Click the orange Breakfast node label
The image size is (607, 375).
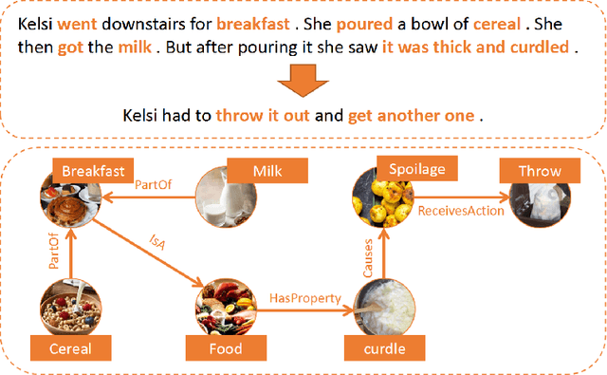point(93,171)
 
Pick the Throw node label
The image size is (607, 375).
point(540,171)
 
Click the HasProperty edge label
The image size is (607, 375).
point(304,299)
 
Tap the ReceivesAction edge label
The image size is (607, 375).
point(460,211)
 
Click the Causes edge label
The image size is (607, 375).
point(368,257)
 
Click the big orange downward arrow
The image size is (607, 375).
point(303,81)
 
